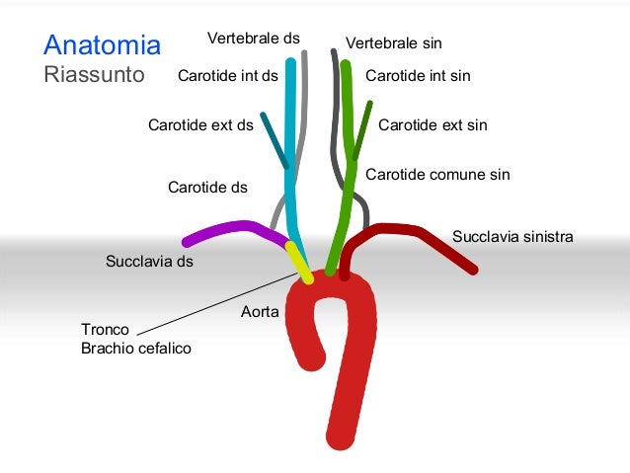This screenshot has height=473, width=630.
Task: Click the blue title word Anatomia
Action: pos(102,45)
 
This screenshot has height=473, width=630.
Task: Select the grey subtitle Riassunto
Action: pos(94,74)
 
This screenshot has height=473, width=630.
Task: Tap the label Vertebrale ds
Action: pos(253,39)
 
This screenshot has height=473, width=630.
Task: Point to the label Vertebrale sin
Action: pos(393,43)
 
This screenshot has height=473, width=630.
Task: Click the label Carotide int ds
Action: pos(227,75)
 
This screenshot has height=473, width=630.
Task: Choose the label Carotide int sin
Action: pos(418,75)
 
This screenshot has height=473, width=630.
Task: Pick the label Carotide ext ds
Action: pos(200,125)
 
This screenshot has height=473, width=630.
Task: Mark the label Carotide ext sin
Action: pos(433,125)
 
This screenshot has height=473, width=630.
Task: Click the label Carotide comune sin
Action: pos(437,175)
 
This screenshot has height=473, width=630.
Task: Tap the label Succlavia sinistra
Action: pos(512,237)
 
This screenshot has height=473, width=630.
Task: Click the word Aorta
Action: pos(260,312)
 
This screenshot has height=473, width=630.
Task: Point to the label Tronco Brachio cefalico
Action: pos(135,339)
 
